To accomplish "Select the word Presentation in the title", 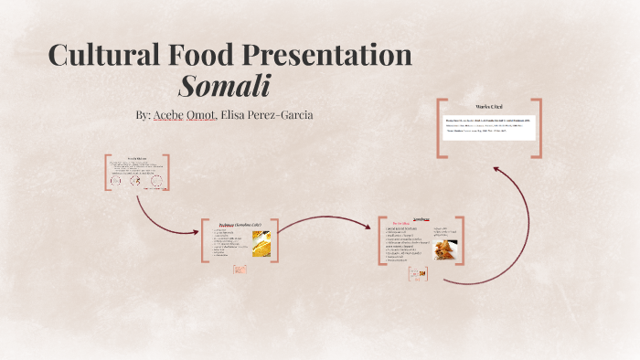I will click(328, 55).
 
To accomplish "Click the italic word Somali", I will click(225, 87).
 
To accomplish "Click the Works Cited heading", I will click(488, 108).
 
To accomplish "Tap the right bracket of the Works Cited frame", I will click(538, 128).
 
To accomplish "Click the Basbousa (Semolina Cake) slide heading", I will click(241, 225).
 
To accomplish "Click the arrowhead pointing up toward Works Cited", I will click(496, 170).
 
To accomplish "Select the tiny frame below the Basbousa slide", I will click(239, 269).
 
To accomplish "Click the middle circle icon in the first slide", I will click(135, 180).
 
